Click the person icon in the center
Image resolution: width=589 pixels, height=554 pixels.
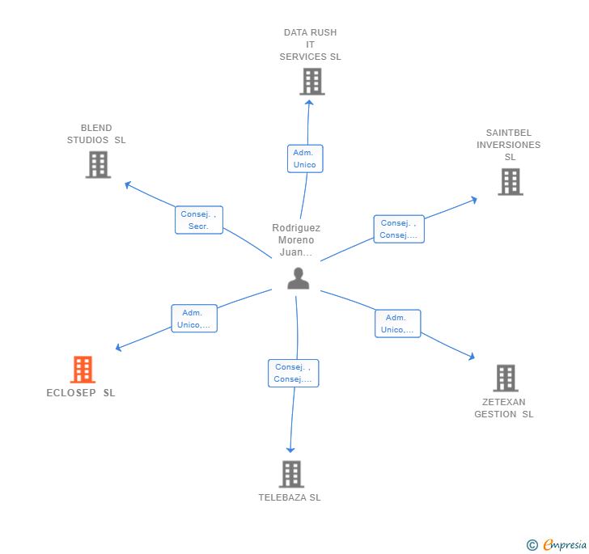(x=299, y=278)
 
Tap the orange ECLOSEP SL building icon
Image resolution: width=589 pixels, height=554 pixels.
(x=83, y=370)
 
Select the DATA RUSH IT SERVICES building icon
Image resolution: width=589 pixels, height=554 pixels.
(x=311, y=82)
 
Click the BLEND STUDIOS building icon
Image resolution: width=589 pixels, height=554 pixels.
(x=98, y=165)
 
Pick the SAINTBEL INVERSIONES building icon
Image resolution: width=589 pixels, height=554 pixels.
(x=510, y=182)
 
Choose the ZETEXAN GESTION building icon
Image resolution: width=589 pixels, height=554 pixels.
(x=505, y=378)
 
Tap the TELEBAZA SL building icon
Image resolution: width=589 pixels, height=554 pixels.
(x=290, y=474)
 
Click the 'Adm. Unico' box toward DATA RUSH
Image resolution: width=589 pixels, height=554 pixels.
(x=304, y=159)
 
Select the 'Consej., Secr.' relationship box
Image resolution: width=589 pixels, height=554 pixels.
(x=198, y=220)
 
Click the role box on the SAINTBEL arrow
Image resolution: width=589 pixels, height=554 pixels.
(x=398, y=229)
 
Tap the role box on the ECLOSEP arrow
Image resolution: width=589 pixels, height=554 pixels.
(x=194, y=319)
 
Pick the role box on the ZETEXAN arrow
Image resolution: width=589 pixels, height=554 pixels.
(x=397, y=324)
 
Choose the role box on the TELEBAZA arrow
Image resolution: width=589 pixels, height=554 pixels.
(x=293, y=373)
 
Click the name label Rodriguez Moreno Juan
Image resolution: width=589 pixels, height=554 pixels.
(x=296, y=240)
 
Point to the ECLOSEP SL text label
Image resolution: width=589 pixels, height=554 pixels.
(x=81, y=393)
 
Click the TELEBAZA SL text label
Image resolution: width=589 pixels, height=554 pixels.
(x=290, y=497)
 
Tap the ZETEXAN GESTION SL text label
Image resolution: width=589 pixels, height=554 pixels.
(x=504, y=408)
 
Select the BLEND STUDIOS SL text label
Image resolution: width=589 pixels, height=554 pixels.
(x=96, y=133)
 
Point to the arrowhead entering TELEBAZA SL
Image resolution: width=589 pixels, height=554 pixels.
(x=290, y=450)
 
